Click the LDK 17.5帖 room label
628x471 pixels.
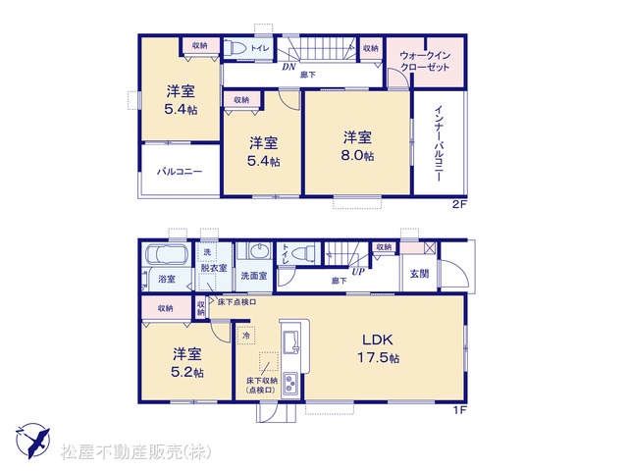tap(378, 348)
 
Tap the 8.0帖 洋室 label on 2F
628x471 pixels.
tap(357, 146)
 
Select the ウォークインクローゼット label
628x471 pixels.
tap(425, 61)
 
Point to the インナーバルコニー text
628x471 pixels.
tap(439, 143)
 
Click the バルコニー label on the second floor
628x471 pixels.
tap(180, 172)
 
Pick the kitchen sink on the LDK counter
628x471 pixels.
tap(291, 342)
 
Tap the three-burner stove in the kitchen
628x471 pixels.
tap(290, 384)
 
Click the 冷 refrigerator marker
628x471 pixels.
tap(246, 335)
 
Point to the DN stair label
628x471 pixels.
tap(288, 67)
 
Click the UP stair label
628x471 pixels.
tap(358, 271)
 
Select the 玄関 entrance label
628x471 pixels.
tap(419, 274)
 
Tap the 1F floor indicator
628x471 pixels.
tap(460, 410)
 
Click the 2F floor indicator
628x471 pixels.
tap(459, 204)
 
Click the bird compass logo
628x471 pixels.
tap(32, 441)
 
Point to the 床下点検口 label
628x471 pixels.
tap(236, 302)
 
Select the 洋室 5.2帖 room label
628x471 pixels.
tap(187, 362)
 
